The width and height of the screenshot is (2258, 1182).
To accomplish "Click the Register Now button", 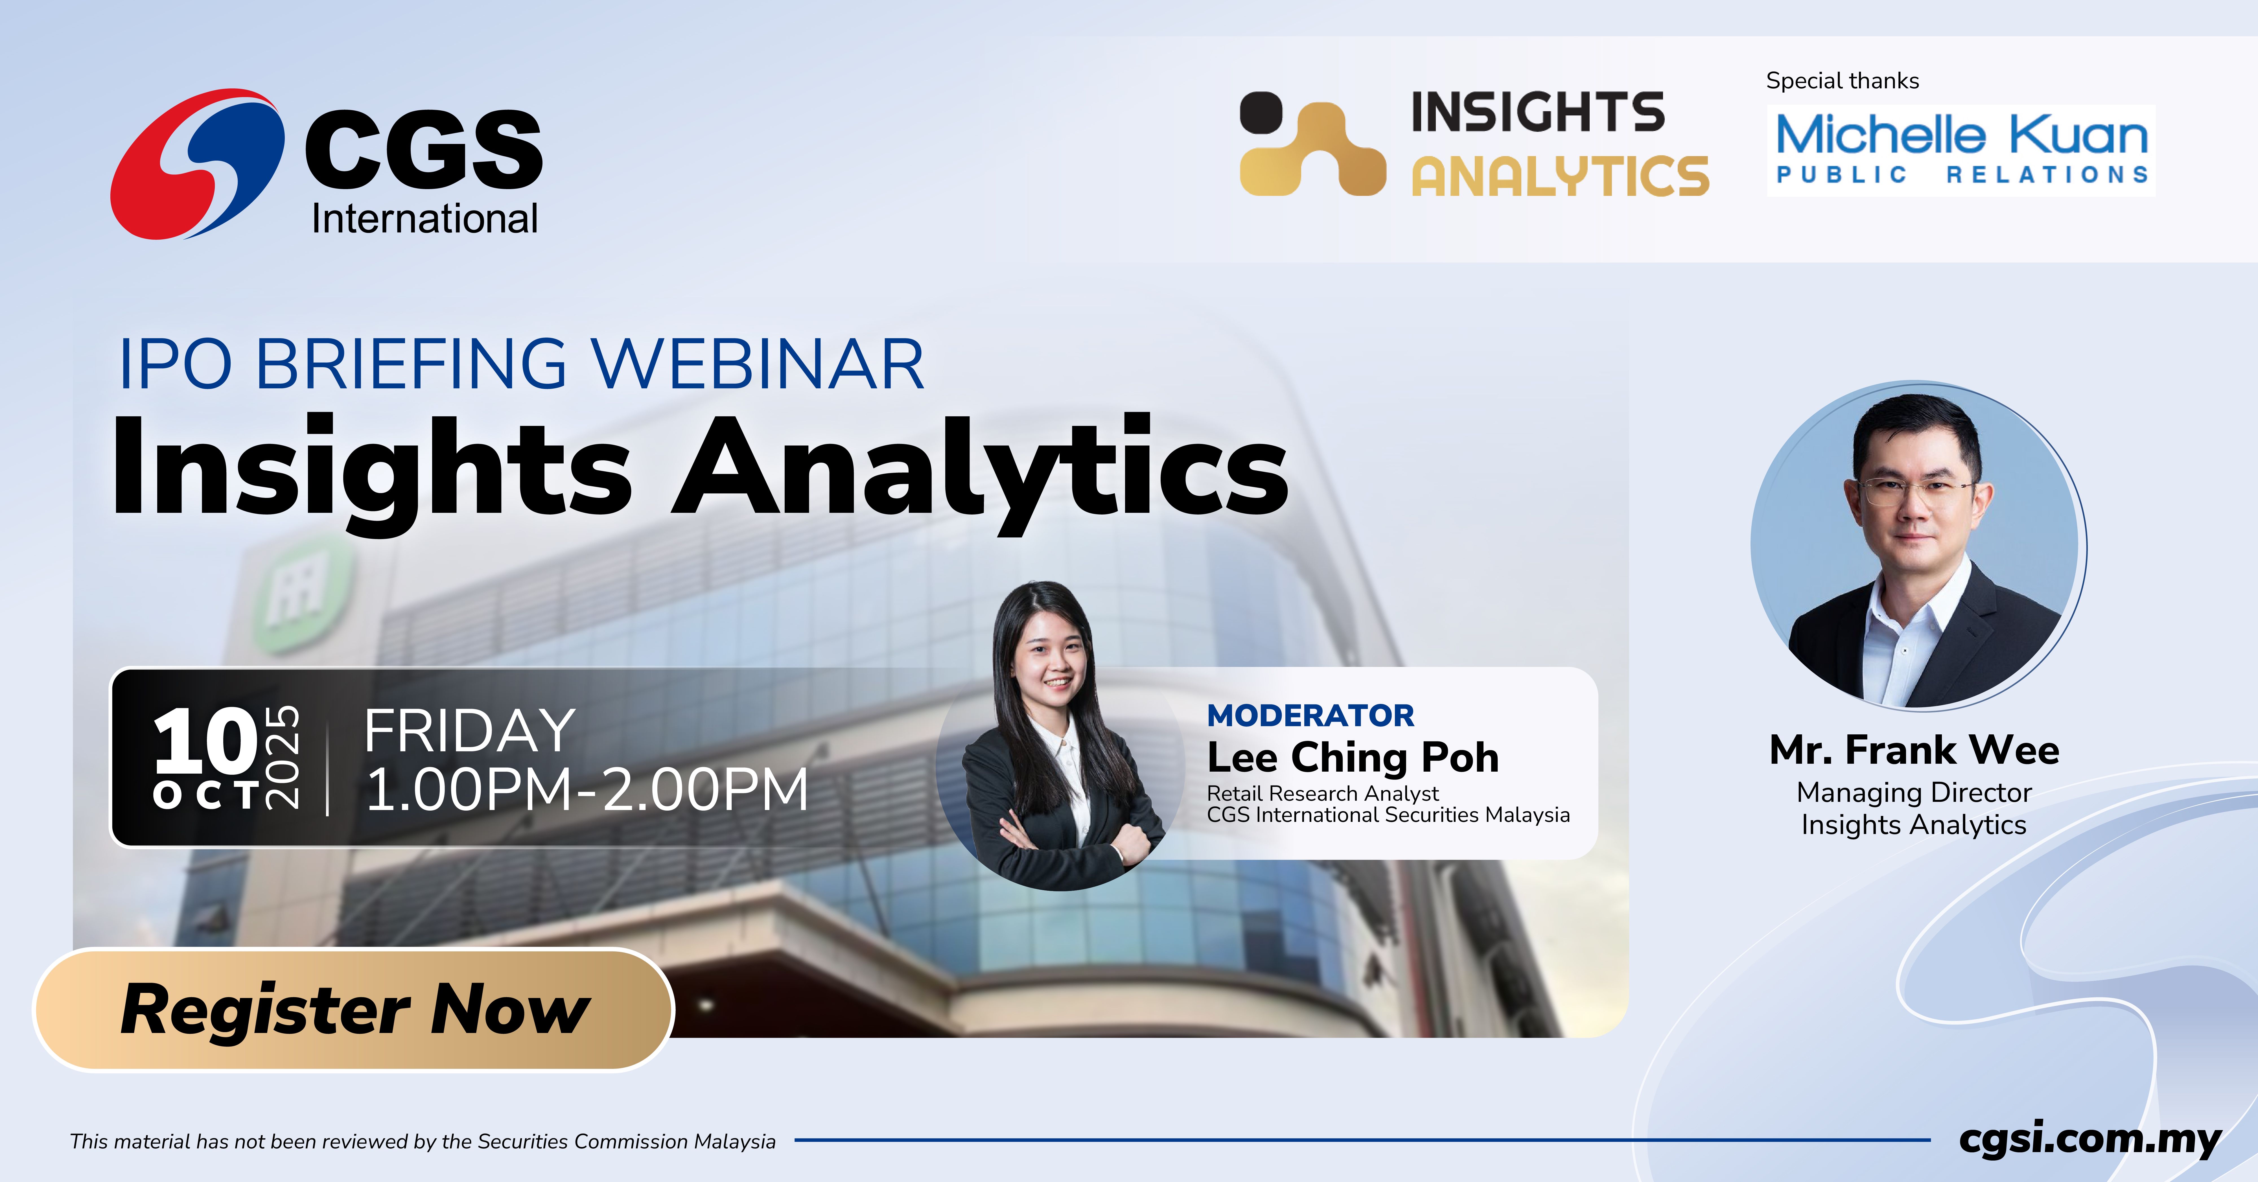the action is (x=353, y=1009).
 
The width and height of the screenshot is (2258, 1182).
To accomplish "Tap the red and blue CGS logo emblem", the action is (x=197, y=164).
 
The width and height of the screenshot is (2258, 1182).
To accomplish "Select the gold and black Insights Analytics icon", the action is (x=1312, y=144).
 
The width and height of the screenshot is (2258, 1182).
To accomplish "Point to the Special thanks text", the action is (x=1843, y=81).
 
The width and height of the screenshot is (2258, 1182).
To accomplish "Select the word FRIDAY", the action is (x=470, y=731).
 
